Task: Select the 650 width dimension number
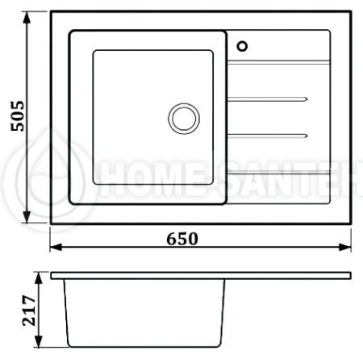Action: coord(182,239)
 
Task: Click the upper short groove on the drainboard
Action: coord(265,98)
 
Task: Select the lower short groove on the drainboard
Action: coord(265,133)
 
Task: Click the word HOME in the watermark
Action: coord(145,172)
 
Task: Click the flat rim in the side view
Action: coord(202,276)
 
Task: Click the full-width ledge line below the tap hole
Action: coord(278,61)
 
